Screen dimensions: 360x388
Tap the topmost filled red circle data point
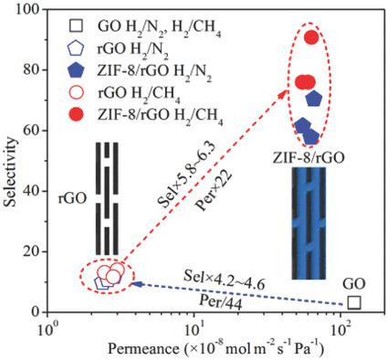310,37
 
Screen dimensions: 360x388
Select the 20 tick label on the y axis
34,251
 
